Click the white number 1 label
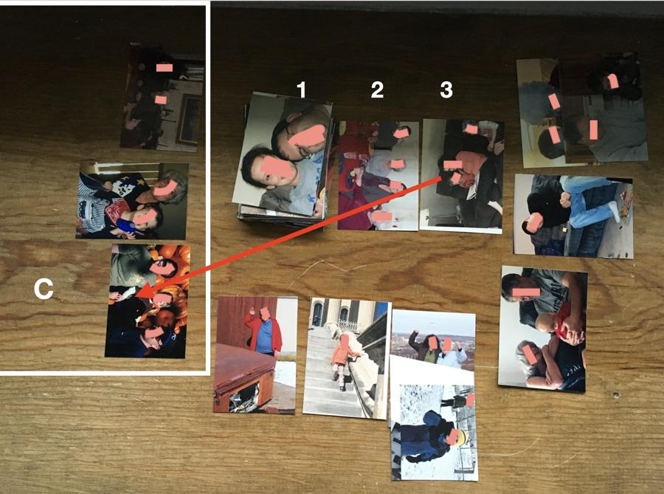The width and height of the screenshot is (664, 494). pyautogui.click(x=301, y=90)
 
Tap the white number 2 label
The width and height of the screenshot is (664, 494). pyautogui.click(x=377, y=90)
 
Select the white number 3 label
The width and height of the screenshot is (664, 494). pyautogui.click(x=446, y=90)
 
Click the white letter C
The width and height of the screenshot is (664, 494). pyautogui.click(x=44, y=289)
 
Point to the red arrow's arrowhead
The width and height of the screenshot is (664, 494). pyautogui.click(x=143, y=292)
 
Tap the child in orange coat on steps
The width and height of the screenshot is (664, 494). pyautogui.click(x=342, y=360)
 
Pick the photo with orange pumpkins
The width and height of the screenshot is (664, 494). pyautogui.click(x=147, y=301)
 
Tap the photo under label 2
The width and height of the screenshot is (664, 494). pyautogui.click(x=378, y=176)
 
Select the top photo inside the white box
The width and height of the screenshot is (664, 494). pyautogui.click(x=162, y=97)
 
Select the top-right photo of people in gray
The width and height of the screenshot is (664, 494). pyautogui.click(x=583, y=110)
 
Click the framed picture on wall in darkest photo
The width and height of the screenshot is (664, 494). pyautogui.click(x=190, y=120)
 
